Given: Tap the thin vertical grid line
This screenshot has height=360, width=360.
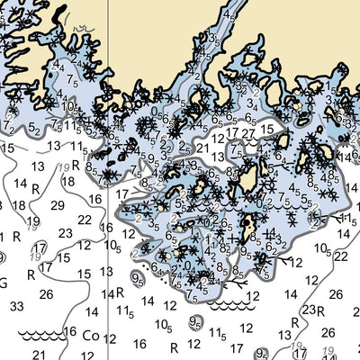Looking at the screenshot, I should click(x=107, y=270).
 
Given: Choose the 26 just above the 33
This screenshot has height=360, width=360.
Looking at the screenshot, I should click(x=45, y=292).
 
